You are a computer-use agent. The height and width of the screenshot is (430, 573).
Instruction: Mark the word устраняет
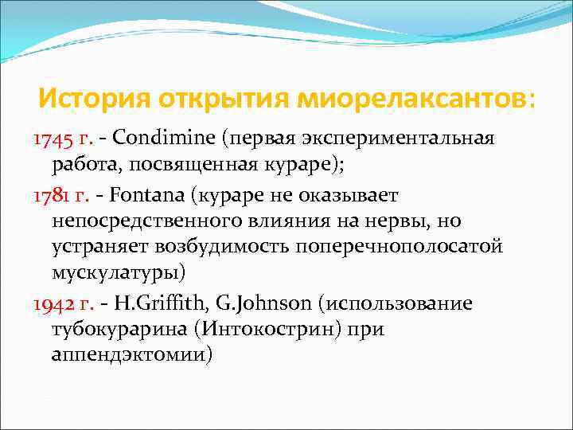point(99,247)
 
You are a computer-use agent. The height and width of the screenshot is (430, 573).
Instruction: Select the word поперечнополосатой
point(399,247)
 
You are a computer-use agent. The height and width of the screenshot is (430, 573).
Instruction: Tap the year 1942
point(52,303)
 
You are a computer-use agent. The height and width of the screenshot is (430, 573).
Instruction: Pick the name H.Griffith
point(155,303)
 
